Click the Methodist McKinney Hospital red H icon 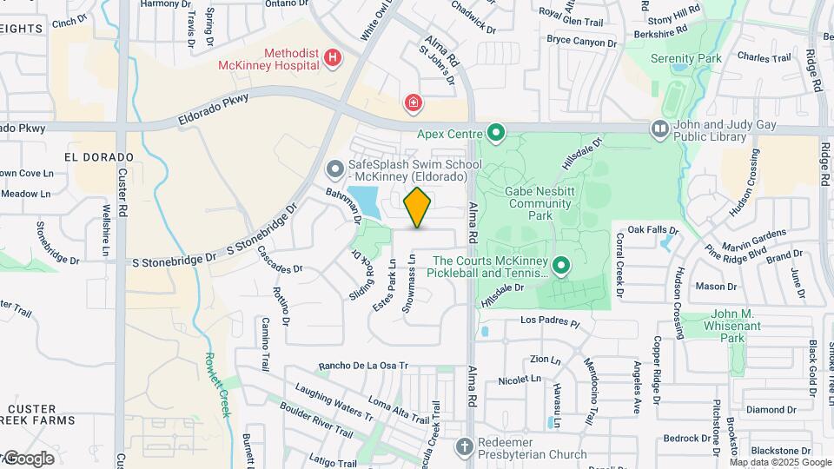(332, 59)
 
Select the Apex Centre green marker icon (496, 133)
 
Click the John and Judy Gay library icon (659, 129)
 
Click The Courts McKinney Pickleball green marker (561, 266)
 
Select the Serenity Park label (685, 58)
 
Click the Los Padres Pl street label (549, 321)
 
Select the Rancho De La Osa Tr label (363, 365)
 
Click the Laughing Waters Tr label (333, 402)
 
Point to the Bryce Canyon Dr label (581, 41)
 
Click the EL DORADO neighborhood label (99, 157)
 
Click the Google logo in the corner (28, 458)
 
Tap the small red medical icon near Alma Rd (414, 104)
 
